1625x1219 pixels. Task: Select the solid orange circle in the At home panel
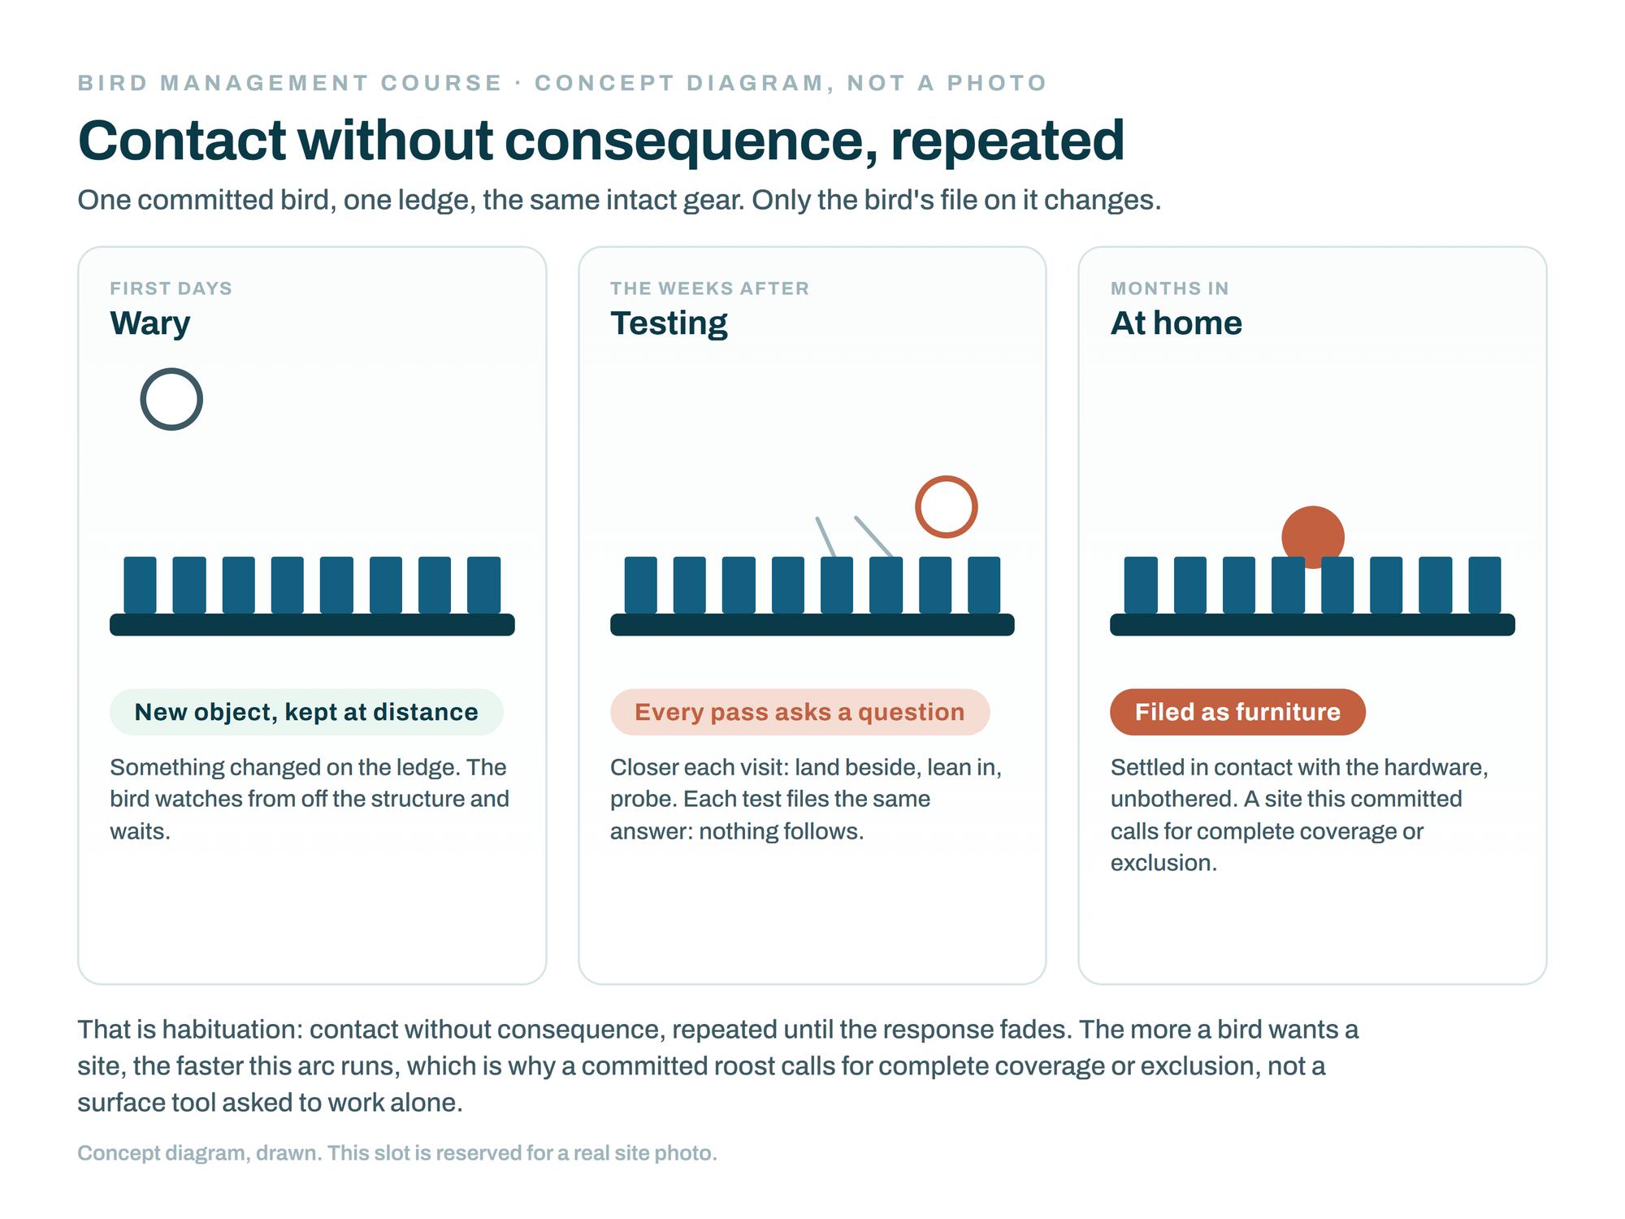1313,536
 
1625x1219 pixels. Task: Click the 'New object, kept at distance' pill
306,712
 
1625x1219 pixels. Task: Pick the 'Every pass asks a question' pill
799,712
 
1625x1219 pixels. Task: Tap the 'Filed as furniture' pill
1237,712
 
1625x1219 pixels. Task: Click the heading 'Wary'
150,323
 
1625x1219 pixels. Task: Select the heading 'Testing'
669,323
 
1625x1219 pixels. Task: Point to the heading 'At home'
1176,323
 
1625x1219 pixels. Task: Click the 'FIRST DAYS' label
171,288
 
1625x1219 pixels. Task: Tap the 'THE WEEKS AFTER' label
709,288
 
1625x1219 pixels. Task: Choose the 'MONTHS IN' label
1170,288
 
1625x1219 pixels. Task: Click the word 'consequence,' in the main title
691,141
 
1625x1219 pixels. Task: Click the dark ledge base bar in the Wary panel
312,624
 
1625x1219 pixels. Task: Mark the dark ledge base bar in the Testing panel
812,624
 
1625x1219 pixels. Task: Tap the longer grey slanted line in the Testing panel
874,537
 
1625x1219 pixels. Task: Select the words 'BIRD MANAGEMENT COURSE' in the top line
290,83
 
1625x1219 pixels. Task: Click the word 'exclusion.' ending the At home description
1163,863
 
